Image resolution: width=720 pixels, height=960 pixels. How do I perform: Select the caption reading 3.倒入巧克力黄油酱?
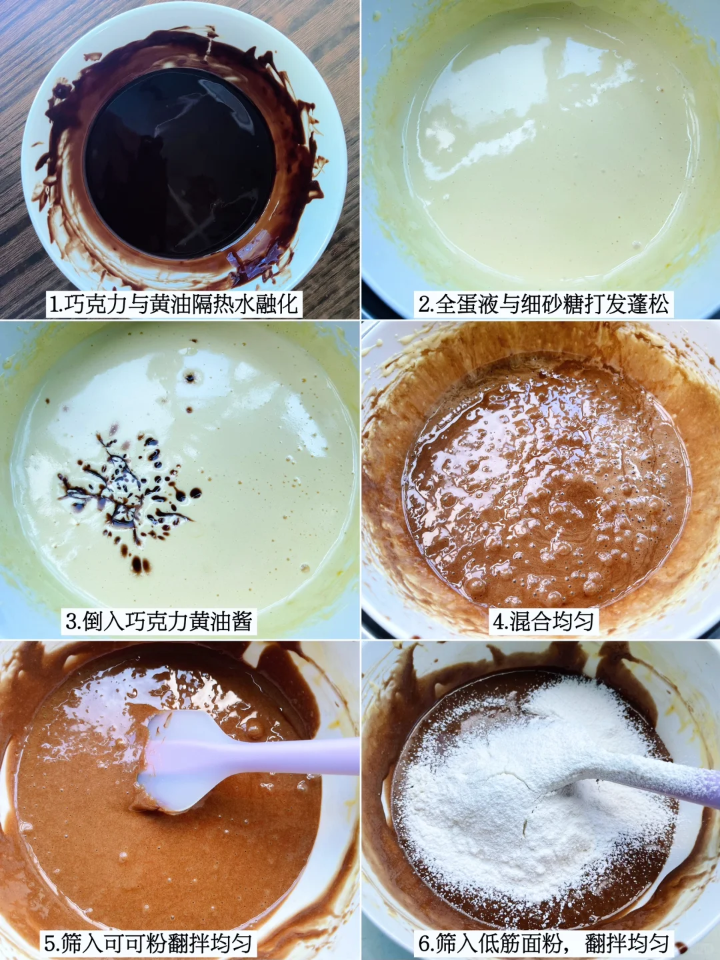click(x=159, y=621)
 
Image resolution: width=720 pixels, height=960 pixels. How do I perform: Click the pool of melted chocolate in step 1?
click(x=180, y=163)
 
